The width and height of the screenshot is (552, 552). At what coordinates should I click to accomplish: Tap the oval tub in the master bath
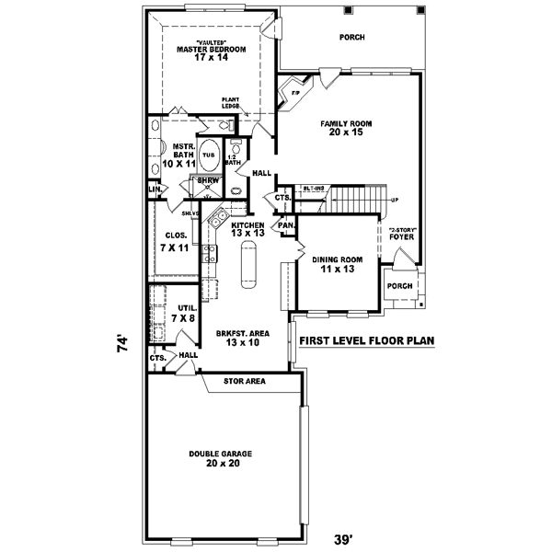(210, 155)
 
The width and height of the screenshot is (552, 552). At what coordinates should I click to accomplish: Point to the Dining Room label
(338, 264)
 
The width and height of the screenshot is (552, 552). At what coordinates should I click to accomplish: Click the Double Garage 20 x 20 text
(221, 458)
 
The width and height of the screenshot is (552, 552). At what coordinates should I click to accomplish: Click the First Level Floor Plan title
(366, 340)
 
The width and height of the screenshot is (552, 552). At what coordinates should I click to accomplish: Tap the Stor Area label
(245, 380)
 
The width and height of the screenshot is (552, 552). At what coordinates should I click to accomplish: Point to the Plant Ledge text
(230, 103)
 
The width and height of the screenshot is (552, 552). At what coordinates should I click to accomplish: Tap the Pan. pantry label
(286, 224)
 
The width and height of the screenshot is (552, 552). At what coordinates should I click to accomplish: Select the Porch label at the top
(351, 38)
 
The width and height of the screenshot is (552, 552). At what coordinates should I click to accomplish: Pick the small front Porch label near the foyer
(399, 285)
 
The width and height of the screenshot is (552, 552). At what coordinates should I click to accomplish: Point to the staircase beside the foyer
(354, 197)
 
